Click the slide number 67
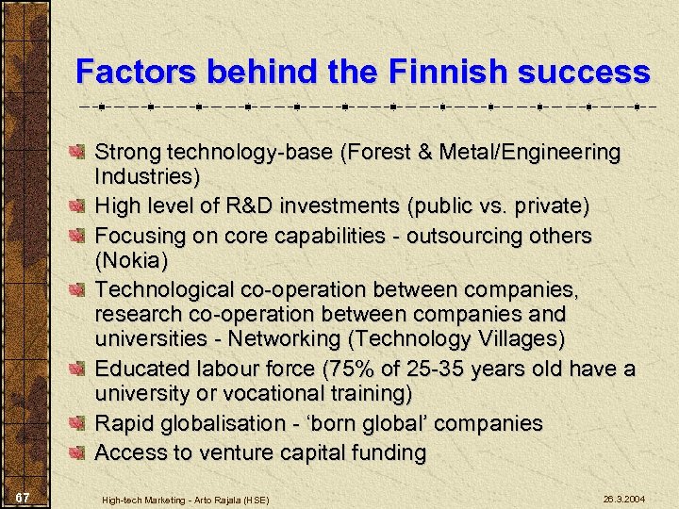(x=25, y=497)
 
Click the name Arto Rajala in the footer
(x=229, y=499)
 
